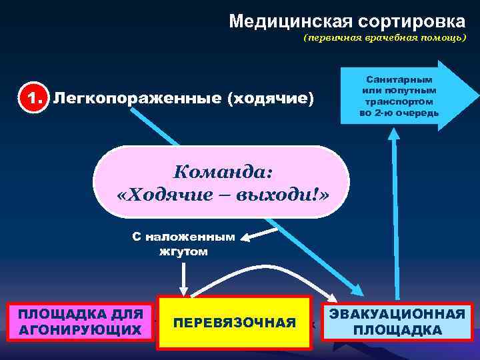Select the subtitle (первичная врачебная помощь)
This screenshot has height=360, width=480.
tap(385, 38)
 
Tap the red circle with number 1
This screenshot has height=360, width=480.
tap(33, 99)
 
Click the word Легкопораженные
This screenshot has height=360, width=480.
tap(137, 99)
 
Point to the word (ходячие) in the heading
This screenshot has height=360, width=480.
tap(271, 99)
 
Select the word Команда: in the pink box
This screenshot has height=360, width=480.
tap(223, 171)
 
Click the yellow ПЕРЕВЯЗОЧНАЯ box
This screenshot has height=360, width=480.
tap(234, 323)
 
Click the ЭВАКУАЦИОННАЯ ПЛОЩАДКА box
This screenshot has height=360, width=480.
tap(397, 322)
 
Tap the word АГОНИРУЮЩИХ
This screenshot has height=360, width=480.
tap(80, 329)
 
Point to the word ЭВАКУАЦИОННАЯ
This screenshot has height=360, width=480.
tap(397, 314)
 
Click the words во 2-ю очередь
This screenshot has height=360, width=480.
tap(399, 112)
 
